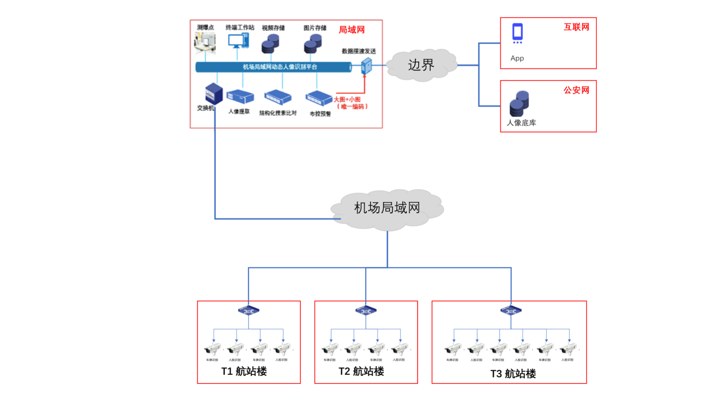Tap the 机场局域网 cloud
(x=387, y=209)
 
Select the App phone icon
(x=518, y=33)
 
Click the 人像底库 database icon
(x=519, y=104)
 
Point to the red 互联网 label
(x=576, y=27)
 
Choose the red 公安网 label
(x=576, y=90)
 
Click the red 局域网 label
(x=352, y=30)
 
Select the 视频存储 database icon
(x=271, y=44)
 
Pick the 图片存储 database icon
(x=313, y=44)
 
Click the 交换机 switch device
(x=214, y=93)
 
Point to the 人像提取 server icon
(x=241, y=96)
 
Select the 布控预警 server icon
(x=319, y=98)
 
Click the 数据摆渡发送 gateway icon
(x=366, y=66)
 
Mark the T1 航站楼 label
(x=244, y=371)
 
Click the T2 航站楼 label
(x=361, y=371)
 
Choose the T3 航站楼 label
(x=513, y=374)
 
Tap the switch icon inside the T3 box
(x=511, y=310)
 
